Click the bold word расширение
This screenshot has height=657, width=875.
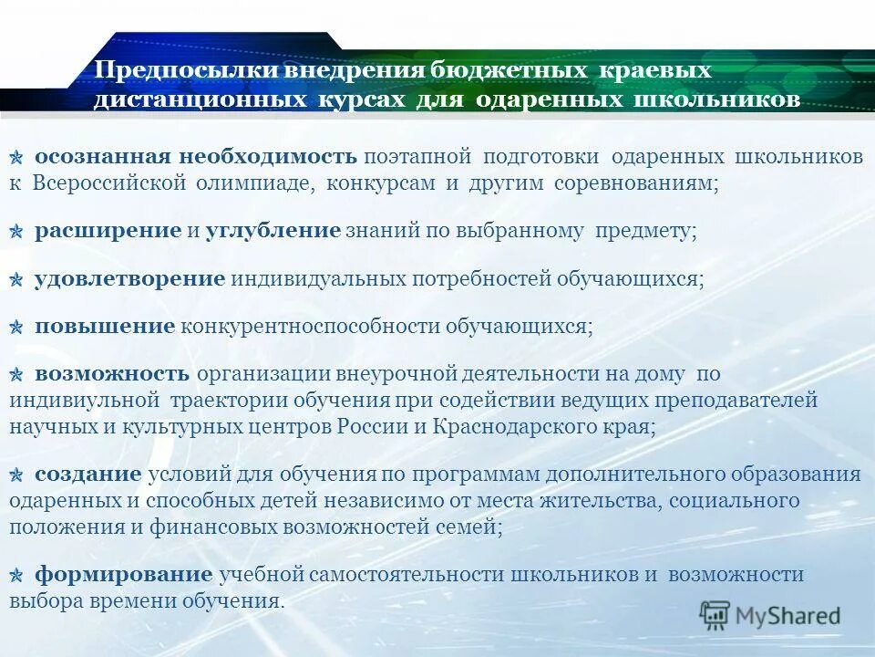(108, 231)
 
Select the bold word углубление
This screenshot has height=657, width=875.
(273, 231)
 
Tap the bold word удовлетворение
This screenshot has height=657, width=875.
(129, 278)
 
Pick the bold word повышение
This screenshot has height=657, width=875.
(104, 326)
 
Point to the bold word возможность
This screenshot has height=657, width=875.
(112, 373)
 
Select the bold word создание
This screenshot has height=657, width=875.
(88, 474)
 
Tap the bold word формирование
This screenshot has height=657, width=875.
(123, 575)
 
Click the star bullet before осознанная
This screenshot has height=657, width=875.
(17, 159)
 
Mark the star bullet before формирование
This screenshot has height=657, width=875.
(17, 576)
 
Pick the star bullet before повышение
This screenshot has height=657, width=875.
(17, 327)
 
